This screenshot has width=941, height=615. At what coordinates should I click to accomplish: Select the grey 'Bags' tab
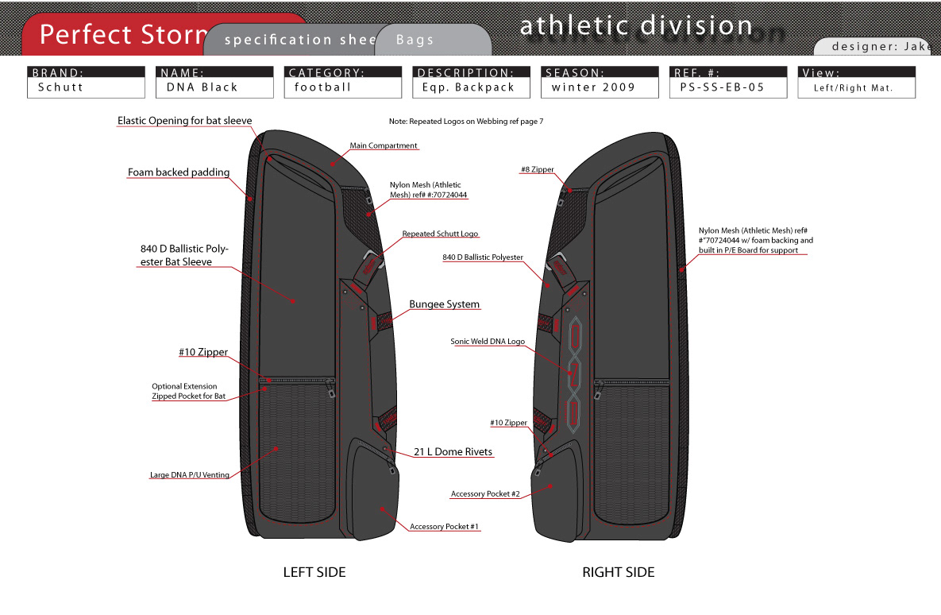pos(415,40)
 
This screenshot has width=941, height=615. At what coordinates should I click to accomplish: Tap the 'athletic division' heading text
pos(636,25)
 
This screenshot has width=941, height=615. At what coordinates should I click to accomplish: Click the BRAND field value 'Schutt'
pos(60,87)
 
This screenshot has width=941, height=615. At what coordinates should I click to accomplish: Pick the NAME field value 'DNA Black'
pos(202,87)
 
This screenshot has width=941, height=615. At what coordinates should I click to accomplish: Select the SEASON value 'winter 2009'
pos(593,87)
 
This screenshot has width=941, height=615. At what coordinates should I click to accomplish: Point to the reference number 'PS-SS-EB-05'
pos(717,87)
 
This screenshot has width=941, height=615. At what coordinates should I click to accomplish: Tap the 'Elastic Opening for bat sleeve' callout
pos(184,121)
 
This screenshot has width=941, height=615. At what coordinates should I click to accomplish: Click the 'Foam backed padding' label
pos(179,172)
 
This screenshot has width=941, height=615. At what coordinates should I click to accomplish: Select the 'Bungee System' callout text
pos(444,304)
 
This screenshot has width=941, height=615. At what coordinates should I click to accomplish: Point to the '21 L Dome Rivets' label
pos(453,452)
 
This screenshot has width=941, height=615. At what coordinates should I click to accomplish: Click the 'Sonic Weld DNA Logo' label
pos(488,341)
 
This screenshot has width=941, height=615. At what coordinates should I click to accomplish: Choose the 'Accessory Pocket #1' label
pos(445,527)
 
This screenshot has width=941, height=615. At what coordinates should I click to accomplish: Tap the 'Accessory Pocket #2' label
pos(485,493)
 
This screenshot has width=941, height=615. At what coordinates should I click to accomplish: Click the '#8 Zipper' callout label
pos(537,169)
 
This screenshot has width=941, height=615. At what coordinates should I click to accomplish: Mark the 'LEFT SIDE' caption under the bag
pos(314,572)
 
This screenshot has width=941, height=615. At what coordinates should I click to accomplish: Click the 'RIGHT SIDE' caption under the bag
pos(619,572)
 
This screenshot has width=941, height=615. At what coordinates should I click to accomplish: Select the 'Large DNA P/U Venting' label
pos(189,475)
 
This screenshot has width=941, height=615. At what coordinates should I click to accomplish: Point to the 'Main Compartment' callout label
pos(384,145)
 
